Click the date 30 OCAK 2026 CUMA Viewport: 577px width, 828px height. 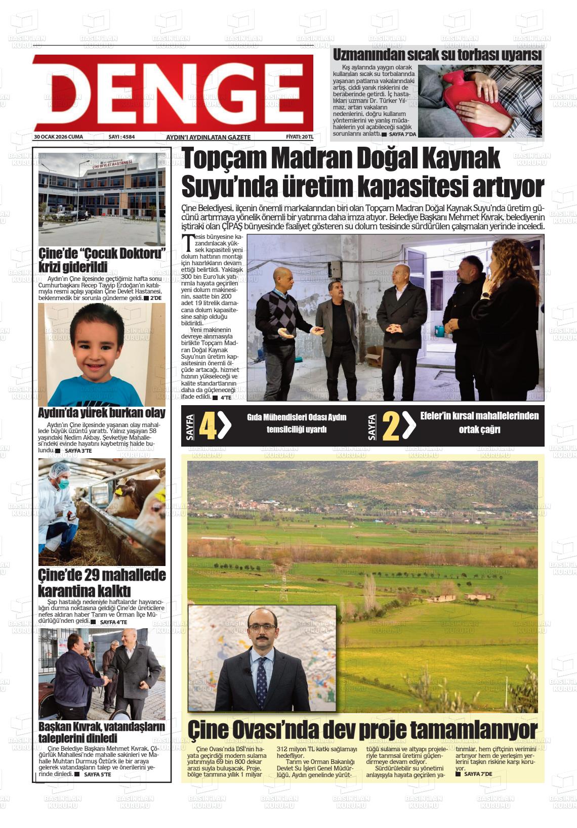tap(58, 137)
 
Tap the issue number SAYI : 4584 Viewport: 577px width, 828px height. tap(121, 137)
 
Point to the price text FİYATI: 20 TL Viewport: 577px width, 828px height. tap(300, 137)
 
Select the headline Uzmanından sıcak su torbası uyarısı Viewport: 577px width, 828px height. tap(437, 55)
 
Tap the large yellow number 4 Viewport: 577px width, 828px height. tap(208, 426)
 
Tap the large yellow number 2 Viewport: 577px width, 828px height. tap(391, 426)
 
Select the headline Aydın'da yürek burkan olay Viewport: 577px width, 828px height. tap(102, 413)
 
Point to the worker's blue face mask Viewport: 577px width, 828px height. tap(62, 484)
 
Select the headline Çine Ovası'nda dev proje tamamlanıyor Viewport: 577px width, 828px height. tap(362, 730)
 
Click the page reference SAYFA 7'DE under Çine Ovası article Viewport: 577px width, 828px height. tap(477, 774)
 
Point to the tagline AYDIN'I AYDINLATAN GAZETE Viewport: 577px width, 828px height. tap(208, 137)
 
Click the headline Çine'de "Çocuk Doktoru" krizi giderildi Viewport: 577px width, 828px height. tap(102, 260)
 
